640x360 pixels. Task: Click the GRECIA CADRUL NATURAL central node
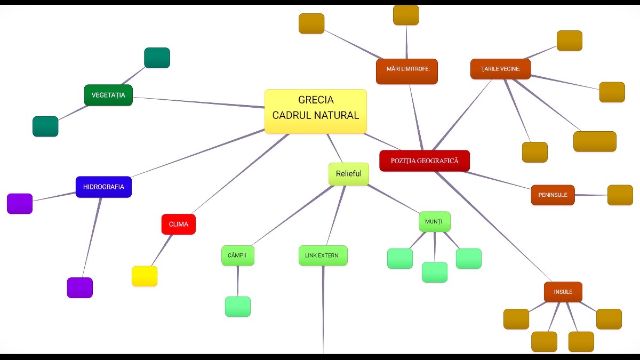316,111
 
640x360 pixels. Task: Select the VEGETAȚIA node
108,95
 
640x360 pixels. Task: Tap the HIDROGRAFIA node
103,187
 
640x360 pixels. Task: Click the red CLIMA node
179,224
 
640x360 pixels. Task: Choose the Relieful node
348,174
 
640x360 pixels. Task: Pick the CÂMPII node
237,255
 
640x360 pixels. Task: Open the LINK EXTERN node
323,255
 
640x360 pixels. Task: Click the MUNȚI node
435,221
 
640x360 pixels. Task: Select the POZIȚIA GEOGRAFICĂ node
425,161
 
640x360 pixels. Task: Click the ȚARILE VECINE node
500,69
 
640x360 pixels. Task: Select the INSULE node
563,292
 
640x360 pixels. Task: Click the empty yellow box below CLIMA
145,276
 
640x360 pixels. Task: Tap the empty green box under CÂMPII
238,307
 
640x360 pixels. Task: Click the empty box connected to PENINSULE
620,195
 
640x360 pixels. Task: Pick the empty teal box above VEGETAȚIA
157,58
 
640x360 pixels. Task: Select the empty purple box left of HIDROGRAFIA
20,204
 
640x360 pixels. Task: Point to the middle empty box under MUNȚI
435,272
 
